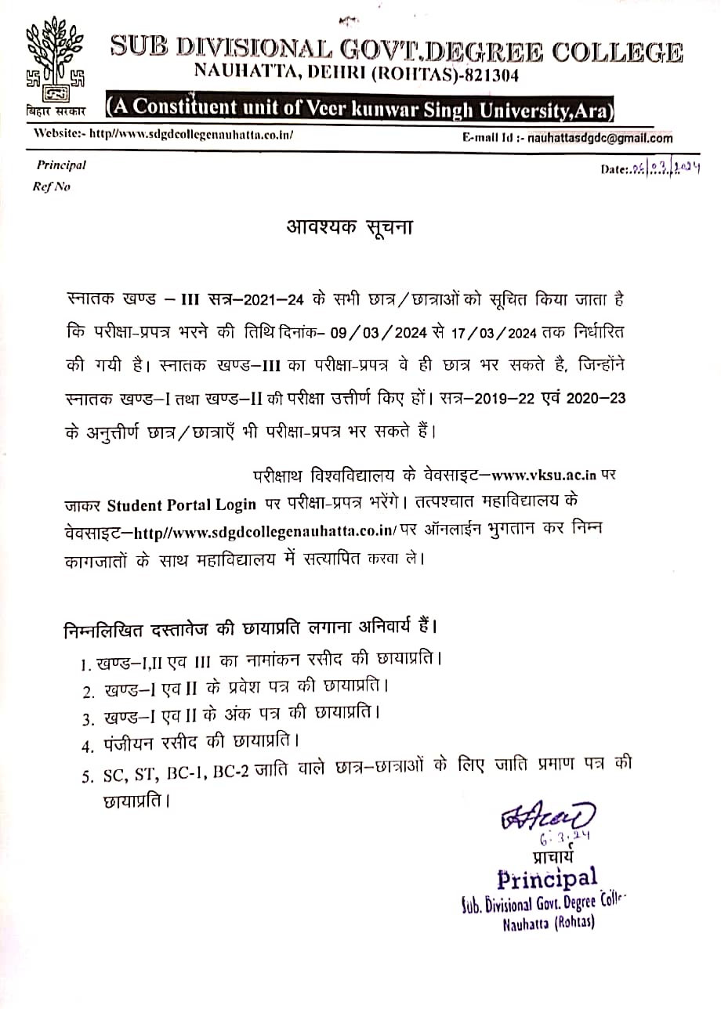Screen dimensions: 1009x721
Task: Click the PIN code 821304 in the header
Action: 487,74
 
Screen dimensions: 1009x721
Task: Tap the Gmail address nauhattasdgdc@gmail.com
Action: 600,139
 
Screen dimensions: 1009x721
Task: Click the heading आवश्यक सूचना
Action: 349,229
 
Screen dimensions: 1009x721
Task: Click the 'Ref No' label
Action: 52,187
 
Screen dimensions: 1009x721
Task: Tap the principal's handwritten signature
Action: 549,816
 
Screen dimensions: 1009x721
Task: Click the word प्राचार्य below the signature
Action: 553,855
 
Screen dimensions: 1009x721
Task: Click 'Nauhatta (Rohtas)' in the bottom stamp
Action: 549,923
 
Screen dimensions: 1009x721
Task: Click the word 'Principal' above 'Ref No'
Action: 61,165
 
